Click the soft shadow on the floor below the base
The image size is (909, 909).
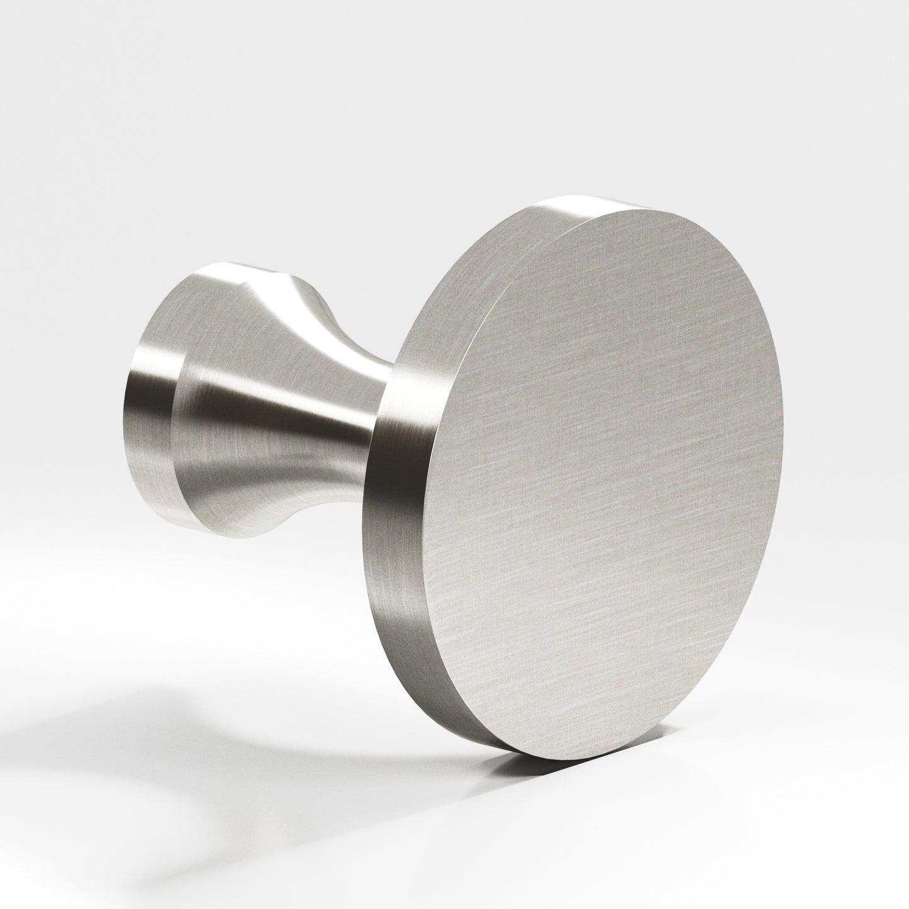pyautogui.click(x=157, y=723)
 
